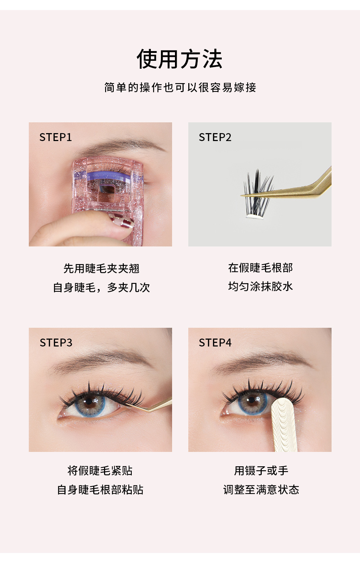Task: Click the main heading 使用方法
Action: click(x=180, y=59)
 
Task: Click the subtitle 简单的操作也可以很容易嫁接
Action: click(x=180, y=87)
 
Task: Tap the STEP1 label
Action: click(x=55, y=137)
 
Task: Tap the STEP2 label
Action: click(x=215, y=137)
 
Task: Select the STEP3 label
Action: click(x=56, y=343)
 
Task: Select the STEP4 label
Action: click(x=215, y=343)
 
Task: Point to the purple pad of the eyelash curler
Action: click(x=108, y=177)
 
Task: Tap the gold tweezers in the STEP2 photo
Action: click(x=295, y=189)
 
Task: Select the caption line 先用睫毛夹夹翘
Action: click(x=101, y=268)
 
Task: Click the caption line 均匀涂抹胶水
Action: click(x=260, y=286)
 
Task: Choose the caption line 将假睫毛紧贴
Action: click(x=100, y=471)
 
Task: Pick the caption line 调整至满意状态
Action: click(x=261, y=490)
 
